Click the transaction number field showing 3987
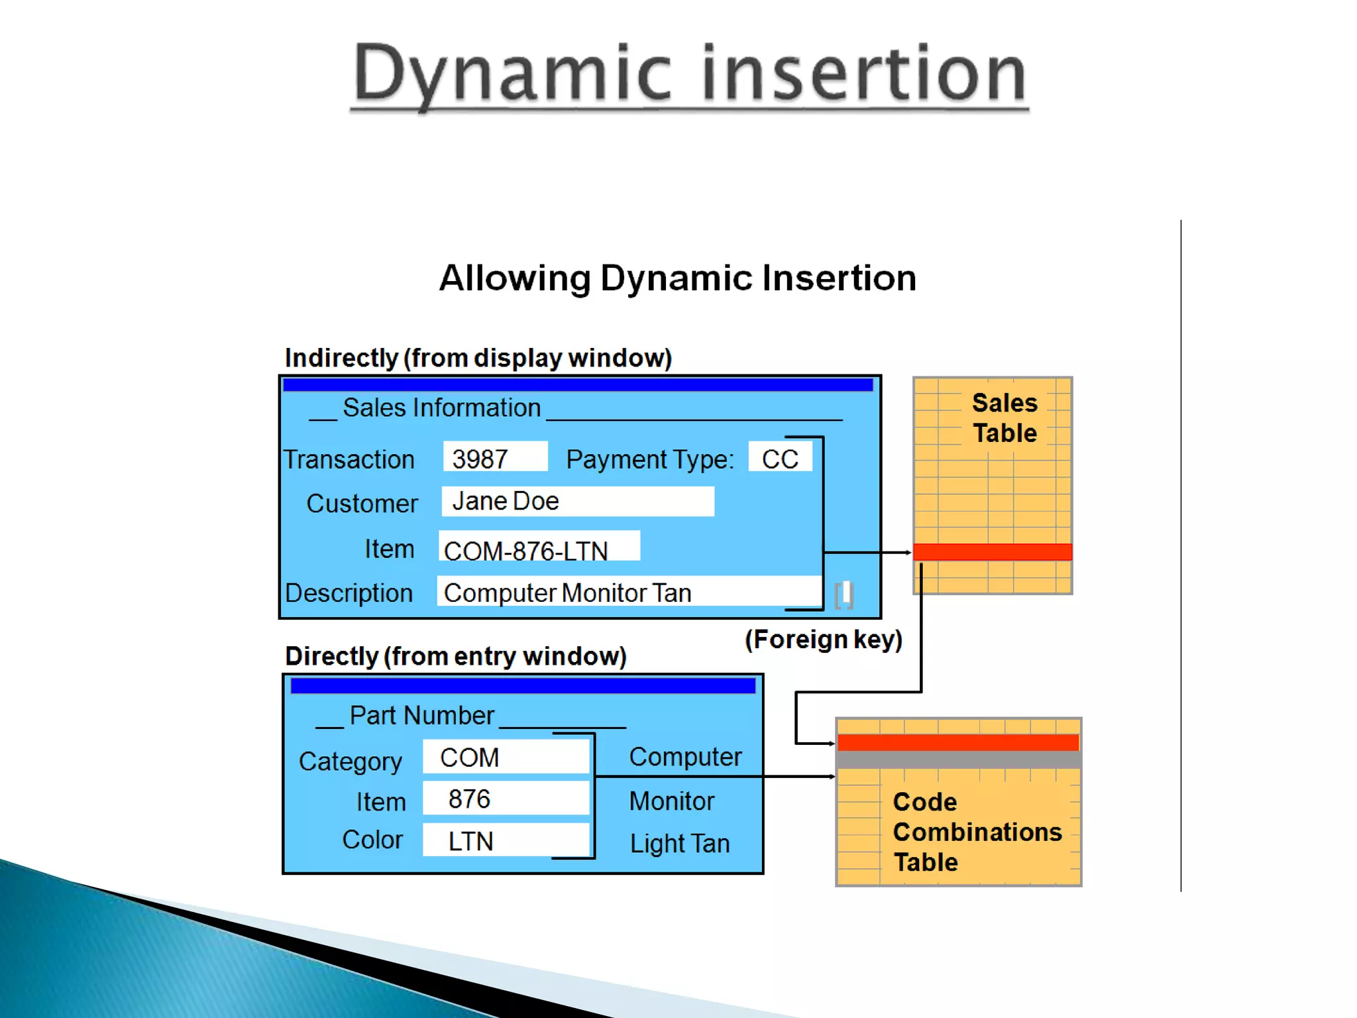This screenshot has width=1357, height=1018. point(495,457)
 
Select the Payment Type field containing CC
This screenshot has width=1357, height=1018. point(780,457)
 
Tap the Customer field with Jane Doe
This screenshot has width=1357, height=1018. point(577,502)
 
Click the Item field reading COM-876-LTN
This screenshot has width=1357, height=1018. point(539,547)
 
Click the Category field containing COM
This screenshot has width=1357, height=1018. point(506,757)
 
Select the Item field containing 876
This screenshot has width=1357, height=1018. point(506,799)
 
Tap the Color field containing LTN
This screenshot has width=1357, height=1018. point(506,840)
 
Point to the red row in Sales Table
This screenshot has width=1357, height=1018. point(992,552)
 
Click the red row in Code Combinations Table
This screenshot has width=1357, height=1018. point(958,743)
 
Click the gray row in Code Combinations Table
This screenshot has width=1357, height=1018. point(958,760)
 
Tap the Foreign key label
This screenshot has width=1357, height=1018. point(824,640)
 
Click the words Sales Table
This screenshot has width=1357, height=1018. point(1004,418)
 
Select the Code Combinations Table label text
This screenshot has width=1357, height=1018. point(977,832)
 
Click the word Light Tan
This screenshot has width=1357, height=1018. point(680,844)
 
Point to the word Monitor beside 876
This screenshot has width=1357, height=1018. point(671,801)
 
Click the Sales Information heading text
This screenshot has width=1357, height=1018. point(441,408)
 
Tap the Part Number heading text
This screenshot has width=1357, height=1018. point(421,716)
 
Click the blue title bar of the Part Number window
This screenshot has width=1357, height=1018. point(523,686)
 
